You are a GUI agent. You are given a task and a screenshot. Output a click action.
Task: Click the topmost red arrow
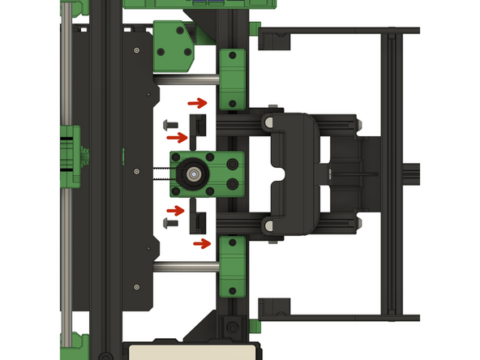point(197,103)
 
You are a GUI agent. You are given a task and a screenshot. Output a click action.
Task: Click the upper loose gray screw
point(170,126)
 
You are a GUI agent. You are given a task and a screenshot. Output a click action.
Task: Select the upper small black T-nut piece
point(199,126)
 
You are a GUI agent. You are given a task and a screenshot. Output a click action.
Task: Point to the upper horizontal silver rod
point(186,79)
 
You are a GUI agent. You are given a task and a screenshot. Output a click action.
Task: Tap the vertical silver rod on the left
point(66,178)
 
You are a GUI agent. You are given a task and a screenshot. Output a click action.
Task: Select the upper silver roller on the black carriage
point(266,121)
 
